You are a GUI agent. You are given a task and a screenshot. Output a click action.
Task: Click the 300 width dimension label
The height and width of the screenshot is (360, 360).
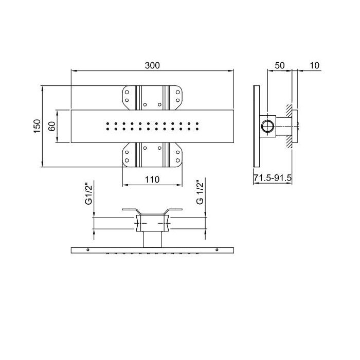point(152,65)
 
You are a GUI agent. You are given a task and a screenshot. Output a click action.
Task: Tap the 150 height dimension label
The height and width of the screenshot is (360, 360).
point(37,126)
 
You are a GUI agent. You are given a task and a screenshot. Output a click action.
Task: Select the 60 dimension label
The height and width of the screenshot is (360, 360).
point(52,127)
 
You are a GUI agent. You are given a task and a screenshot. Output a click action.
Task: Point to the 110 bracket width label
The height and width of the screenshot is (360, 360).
point(152,179)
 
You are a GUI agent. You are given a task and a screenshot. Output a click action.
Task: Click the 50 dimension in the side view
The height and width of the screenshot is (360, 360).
point(280,65)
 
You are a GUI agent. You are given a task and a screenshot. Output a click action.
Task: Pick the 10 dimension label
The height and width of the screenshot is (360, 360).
point(315,65)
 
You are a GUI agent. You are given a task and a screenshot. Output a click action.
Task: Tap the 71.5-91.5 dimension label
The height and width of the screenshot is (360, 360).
point(273,177)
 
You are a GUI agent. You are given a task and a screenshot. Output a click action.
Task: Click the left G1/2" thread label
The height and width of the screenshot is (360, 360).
point(88,193)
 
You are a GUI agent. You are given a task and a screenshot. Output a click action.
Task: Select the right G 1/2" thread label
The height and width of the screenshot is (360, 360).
point(200,193)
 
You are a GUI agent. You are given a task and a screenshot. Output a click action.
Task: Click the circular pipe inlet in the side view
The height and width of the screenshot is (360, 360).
point(268,127)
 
